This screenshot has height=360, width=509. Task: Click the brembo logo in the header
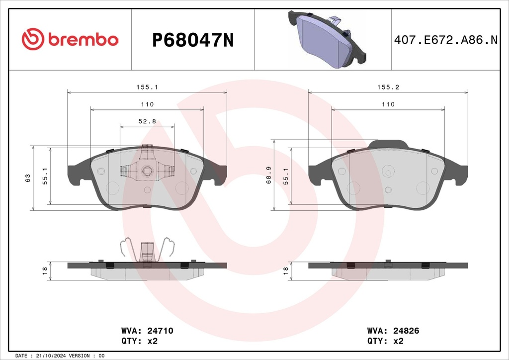coord(70,39)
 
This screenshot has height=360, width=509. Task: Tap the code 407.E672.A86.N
coord(446,40)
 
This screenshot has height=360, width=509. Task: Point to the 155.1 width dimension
coord(147,87)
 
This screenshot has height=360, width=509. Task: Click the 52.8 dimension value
coord(147,121)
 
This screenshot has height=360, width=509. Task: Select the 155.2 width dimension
coord(388,87)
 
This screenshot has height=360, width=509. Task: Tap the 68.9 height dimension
coord(269,176)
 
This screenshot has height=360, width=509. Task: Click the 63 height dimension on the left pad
coord(28,178)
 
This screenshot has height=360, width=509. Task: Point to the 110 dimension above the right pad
coord(388,104)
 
